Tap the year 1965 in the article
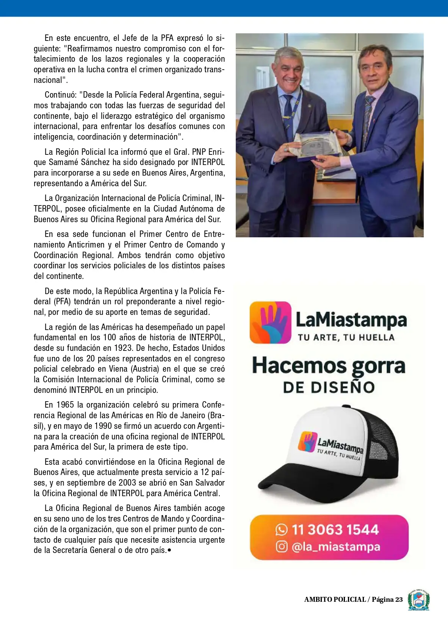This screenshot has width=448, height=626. tap(65, 405)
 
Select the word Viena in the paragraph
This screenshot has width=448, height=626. tap(119, 369)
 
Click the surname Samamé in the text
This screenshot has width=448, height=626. tap(63, 162)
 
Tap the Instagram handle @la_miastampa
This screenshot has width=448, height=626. tap(336, 547)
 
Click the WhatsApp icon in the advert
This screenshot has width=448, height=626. tap(281, 529)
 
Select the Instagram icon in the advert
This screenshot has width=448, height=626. tap(281, 547)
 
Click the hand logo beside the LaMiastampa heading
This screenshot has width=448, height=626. tap(270, 322)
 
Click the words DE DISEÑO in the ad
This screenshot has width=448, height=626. tap(329, 387)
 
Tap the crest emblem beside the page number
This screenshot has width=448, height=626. tap(418, 600)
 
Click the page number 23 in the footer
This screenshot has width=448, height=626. tap(399, 600)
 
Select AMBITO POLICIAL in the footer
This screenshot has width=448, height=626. tap(335, 600)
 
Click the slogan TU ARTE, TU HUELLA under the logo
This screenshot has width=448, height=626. tap(346, 337)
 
